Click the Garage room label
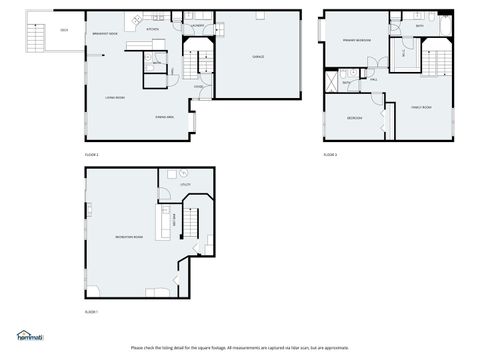click(257, 57)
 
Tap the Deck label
click(64, 30)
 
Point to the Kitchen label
click(153, 30)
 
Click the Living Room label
click(115, 97)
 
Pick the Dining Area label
click(166, 118)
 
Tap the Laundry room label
click(199, 26)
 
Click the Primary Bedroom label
click(357, 40)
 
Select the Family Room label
click(421, 106)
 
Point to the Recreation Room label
click(129, 237)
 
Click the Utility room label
click(185, 185)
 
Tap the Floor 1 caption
click(91, 313)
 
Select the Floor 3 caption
click(330, 156)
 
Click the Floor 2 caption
click(91, 156)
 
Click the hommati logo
click(30, 337)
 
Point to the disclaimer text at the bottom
click(240, 348)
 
